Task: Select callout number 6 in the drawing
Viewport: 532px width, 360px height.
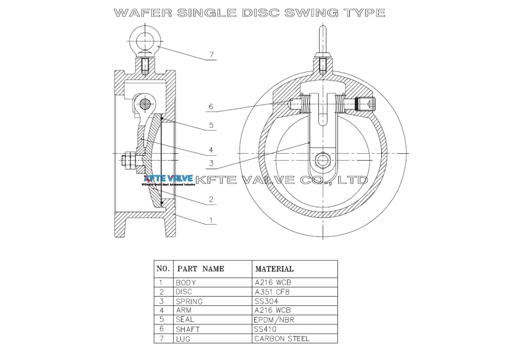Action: click(211, 107)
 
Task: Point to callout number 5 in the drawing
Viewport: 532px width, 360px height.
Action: click(211, 126)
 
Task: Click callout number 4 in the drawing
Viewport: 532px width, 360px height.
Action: click(211, 150)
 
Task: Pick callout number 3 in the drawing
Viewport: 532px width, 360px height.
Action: click(211, 163)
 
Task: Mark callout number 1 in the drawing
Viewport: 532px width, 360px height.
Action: click(211, 220)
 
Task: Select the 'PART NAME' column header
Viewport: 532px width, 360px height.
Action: click(201, 269)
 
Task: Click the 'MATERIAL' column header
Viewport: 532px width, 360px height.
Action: click(274, 269)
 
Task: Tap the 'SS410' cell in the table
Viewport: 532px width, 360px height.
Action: click(266, 329)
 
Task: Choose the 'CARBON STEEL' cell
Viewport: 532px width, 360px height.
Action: click(281, 338)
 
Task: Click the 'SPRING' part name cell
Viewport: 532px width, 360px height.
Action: click(189, 302)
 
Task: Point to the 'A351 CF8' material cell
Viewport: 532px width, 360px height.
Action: click(272, 292)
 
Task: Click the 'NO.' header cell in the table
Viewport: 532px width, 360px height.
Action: click(163, 269)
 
